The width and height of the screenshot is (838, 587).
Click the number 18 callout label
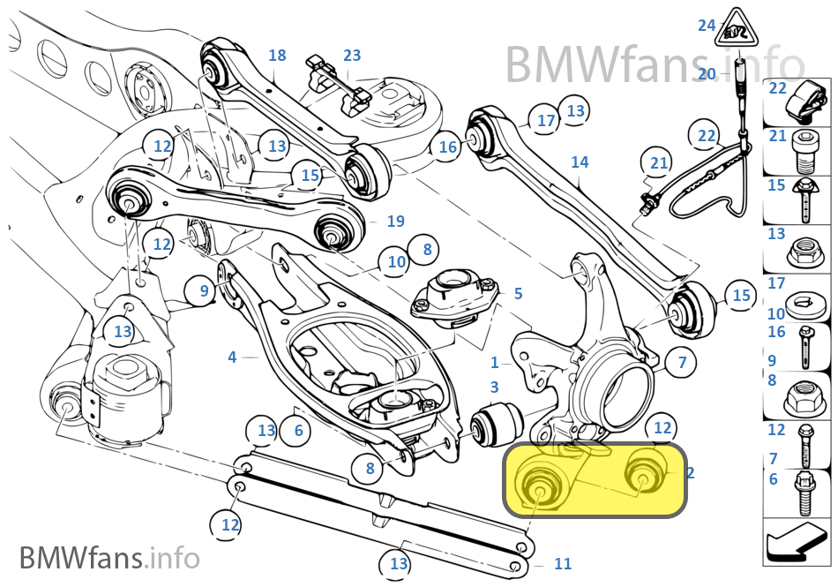pos(277,55)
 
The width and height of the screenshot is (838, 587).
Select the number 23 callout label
pos(352,55)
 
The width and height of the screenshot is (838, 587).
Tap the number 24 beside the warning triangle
pos(707,25)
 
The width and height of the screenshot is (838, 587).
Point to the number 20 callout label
pos(707,74)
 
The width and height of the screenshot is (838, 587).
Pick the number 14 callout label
pos(580,162)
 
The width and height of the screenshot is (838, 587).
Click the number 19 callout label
pos(395,221)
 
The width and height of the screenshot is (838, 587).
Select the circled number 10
pos(396,262)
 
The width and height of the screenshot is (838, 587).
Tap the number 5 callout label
pos(518,293)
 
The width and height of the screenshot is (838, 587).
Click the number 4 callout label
pos(232,357)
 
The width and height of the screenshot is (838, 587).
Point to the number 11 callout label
pos(563,563)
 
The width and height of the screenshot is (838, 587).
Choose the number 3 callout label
pos(495,387)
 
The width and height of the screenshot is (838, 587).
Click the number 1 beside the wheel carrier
pos(495,363)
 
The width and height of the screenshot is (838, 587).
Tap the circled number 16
pos(447,147)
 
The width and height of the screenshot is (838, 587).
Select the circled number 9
pos(204,290)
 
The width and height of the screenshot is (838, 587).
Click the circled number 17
pos(546,120)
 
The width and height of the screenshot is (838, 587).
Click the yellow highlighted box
pos(595,480)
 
